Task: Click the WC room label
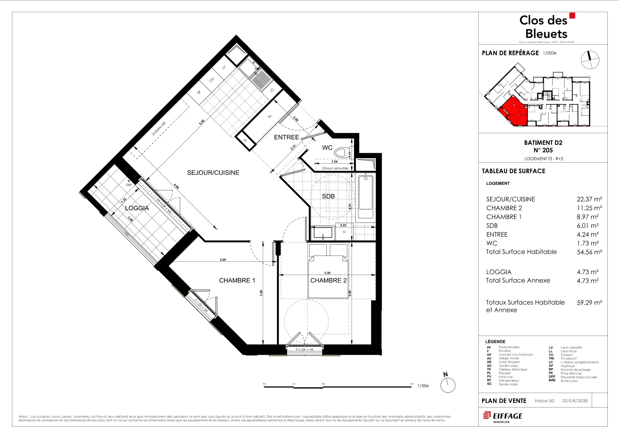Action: tap(327, 148)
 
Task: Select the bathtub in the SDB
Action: tap(366, 197)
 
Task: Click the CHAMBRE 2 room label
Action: tap(328, 281)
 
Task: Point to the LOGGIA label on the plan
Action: tap(137, 208)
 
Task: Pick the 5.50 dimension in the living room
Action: tap(202, 122)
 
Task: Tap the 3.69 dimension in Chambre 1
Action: tap(223, 260)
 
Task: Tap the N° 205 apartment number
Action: tap(543, 150)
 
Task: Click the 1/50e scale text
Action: tap(423, 386)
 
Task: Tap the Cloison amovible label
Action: tap(335, 168)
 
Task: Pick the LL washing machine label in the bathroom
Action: tap(345, 232)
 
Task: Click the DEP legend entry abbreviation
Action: tap(552, 377)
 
